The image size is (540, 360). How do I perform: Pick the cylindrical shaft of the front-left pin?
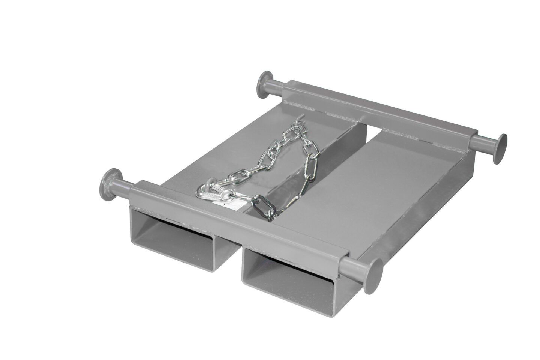click(x=120, y=186)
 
